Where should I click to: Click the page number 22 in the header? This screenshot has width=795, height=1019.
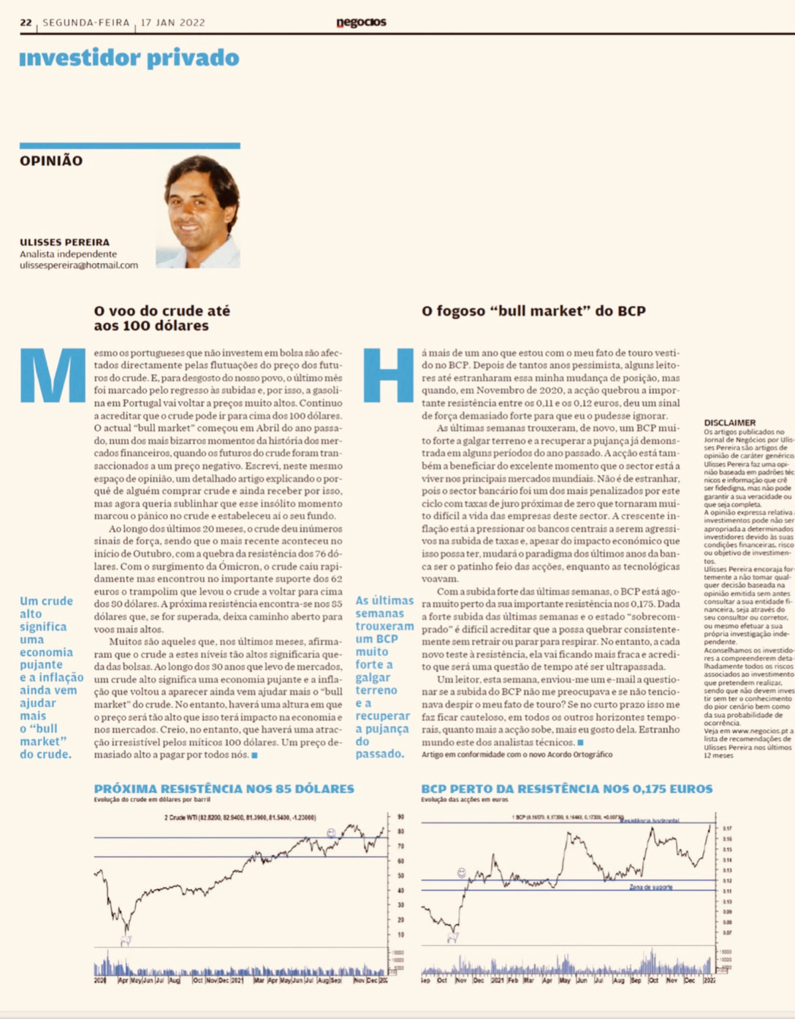(x=26, y=23)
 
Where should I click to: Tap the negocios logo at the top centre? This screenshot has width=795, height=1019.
(x=361, y=23)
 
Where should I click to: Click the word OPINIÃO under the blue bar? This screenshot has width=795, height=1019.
(x=51, y=161)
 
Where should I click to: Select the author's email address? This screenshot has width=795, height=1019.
(x=79, y=265)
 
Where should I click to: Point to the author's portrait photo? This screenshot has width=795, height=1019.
(x=198, y=212)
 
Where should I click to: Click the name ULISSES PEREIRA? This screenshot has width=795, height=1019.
(x=64, y=242)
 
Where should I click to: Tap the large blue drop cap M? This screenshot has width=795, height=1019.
(x=52, y=375)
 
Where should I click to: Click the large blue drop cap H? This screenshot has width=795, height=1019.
(x=388, y=375)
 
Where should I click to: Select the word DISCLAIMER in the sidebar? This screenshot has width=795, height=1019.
(x=729, y=422)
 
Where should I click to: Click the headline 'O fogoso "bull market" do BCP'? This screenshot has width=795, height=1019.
(x=533, y=310)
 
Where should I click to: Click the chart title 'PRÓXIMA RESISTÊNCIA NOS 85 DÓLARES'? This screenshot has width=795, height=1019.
(x=224, y=789)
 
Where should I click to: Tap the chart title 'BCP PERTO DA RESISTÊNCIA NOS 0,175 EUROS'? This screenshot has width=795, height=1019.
(x=566, y=789)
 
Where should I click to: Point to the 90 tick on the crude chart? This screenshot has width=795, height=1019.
(x=400, y=817)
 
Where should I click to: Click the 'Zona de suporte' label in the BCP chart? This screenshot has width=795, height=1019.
(x=650, y=887)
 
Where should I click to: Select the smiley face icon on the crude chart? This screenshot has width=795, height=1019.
(x=331, y=833)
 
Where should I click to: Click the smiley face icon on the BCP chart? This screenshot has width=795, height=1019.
(x=462, y=873)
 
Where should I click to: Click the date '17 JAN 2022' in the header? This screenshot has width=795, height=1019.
(x=172, y=23)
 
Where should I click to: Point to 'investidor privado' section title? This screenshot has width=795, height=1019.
(x=129, y=58)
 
